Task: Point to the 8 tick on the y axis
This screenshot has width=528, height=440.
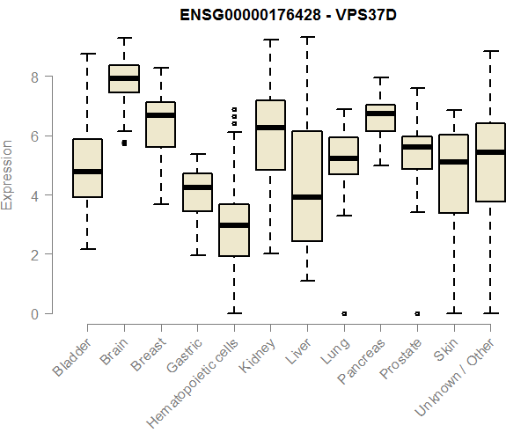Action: (x=35, y=77)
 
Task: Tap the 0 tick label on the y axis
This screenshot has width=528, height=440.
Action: (x=35, y=313)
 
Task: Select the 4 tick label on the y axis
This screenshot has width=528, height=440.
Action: (x=35, y=195)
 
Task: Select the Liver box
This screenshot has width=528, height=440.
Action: (x=307, y=186)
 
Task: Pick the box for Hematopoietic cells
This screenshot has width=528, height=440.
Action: (x=234, y=230)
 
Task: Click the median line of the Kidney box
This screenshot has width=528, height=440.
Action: (x=270, y=128)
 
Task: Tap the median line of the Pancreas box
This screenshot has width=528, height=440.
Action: (x=380, y=114)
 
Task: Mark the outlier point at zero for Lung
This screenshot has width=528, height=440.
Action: (x=344, y=312)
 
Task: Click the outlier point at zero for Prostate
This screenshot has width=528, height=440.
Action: (x=417, y=312)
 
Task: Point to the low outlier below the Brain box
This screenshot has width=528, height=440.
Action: (x=124, y=143)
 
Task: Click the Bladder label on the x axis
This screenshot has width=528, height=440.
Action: (x=71, y=359)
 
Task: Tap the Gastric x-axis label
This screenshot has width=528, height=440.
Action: (x=185, y=356)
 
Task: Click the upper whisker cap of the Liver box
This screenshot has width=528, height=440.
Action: (x=307, y=37)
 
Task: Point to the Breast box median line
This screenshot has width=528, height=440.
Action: (x=160, y=115)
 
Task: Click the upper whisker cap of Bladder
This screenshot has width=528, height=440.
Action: (x=87, y=54)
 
